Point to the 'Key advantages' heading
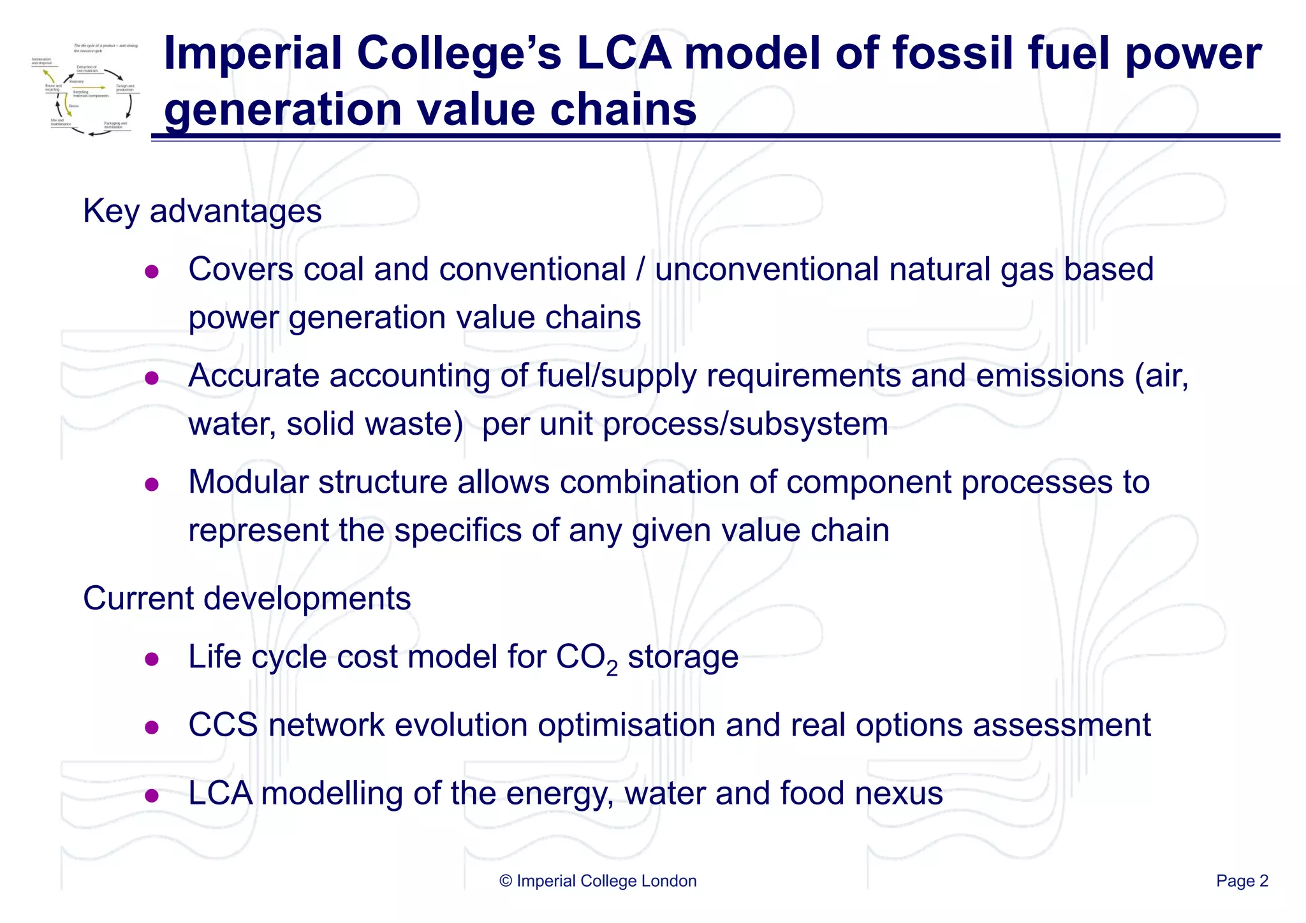(x=202, y=211)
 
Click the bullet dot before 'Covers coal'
(x=152, y=272)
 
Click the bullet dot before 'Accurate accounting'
(x=152, y=379)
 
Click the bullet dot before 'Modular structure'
(x=152, y=485)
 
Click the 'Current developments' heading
(x=247, y=599)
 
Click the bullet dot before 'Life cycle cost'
(x=152, y=660)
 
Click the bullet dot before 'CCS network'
(x=152, y=728)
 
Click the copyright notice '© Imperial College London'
(x=598, y=881)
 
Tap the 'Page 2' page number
(x=1242, y=881)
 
